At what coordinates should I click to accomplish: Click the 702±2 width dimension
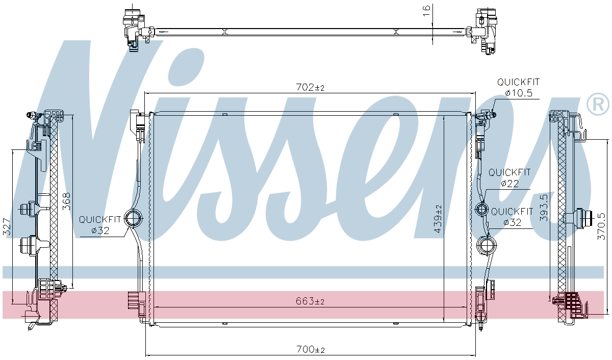click(x=310, y=87)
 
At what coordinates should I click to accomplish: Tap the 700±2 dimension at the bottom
click(x=311, y=349)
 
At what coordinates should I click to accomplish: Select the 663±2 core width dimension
click(x=310, y=301)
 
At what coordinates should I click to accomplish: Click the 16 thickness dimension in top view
click(x=426, y=10)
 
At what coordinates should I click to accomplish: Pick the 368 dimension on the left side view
click(x=66, y=201)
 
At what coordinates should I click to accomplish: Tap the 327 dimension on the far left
click(x=7, y=227)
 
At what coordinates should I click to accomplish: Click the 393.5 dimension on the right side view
click(x=544, y=208)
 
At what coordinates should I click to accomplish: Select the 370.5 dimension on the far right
click(x=601, y=226)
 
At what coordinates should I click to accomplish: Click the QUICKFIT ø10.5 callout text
click(x=518, y=87)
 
